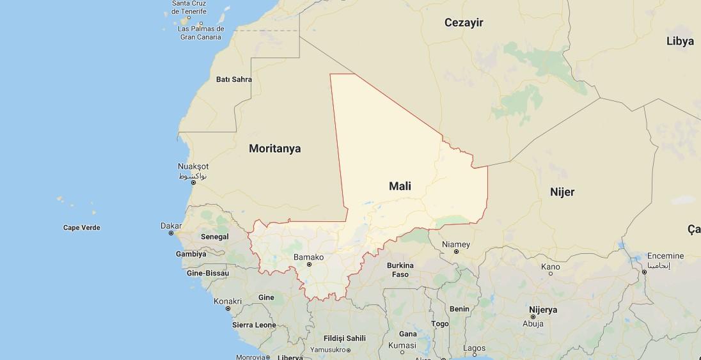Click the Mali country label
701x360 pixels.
(x=400, y=186)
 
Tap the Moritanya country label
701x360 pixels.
(x=274, y=148)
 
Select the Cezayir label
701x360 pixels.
(x=464, y=23)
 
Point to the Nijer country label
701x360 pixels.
(x=562, y=192)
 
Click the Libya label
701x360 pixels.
(x=679, y=42)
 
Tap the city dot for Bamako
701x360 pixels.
(x=309, y=264)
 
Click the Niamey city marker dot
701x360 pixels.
(x=455, y=251)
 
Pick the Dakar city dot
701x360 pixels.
(x=171, y=233)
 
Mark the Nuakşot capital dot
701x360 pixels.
(x=193, y=183)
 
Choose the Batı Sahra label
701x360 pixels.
(x=234, y=80)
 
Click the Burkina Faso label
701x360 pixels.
(x=400, y=270)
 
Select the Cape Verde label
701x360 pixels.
(x=82, y=228)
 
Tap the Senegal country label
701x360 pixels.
(x=214, y=237)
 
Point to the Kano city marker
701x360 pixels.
(x=550, y=274)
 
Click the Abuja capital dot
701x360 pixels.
(x=532, y=317)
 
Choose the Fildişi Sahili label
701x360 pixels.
(x=344, y=338)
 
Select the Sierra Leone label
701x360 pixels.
(x=254, y=325)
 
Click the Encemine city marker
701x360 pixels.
(x=644, y=272)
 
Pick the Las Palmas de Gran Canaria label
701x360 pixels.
(x=201, y=33)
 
